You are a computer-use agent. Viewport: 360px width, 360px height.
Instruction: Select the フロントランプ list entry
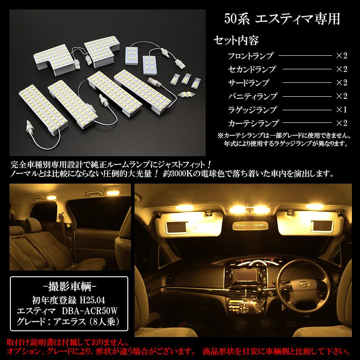[x=251, y=56]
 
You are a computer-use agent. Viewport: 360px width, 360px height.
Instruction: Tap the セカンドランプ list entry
[x=251, y=70]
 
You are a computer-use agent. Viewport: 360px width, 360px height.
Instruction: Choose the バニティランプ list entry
[x=251, y=96]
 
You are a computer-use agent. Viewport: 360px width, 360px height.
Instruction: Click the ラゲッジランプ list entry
[x=251, y=109]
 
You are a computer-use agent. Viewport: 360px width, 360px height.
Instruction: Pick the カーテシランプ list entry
[x=251, y=122]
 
